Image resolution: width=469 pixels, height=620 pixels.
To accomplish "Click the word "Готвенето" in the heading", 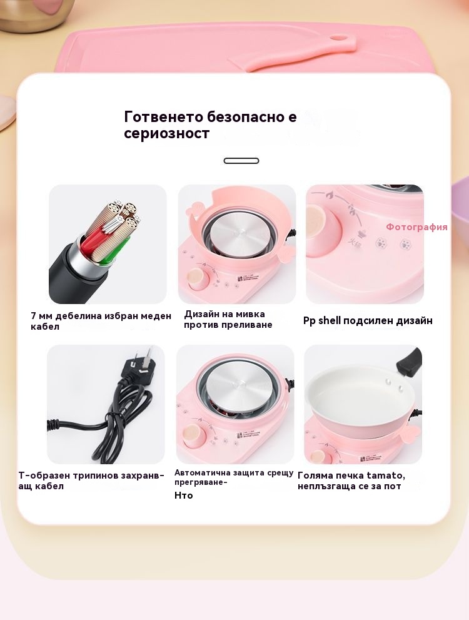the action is click(163, 116).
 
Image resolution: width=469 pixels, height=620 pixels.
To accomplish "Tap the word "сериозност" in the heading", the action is click(166, 133).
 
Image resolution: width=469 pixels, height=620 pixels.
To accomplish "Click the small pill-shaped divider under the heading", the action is click(241, 161).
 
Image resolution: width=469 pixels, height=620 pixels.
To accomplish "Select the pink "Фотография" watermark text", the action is click(416, 227).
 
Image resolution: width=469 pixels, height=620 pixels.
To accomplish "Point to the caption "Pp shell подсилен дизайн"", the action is click(368, 320).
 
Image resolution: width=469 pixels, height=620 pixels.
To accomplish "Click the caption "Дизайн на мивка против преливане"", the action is click(228, 320).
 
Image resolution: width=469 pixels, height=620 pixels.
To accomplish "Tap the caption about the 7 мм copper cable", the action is click(101, 321).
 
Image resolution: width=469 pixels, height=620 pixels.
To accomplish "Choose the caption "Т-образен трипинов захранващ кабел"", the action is click(91, 480).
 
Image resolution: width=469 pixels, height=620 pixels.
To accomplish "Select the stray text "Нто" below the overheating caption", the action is click(183, 495).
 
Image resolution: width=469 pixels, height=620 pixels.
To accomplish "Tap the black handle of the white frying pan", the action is click(410, 360).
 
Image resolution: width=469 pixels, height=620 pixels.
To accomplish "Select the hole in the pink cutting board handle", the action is click(338, 38).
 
